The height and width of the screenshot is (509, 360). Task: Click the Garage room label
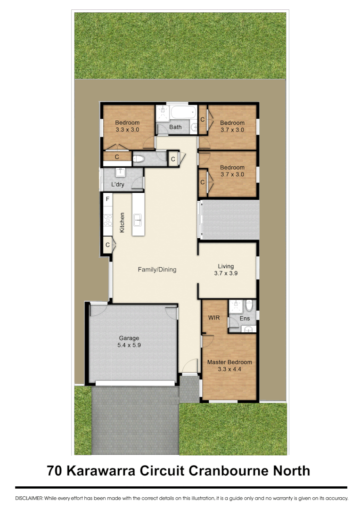(x=129, y=338)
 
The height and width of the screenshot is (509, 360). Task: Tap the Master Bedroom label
(x=229, y=362)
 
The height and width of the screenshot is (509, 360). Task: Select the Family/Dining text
(x=157, y=270)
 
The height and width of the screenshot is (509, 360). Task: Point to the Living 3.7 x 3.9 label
(x=226, y=270)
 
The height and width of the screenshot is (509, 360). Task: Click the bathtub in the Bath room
(x=183, y=113)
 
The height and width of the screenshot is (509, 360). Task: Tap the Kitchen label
(x=122, y=222)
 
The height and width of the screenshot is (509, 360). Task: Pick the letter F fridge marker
(x=107, y=199)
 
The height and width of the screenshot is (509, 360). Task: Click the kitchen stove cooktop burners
(x=107, y=220)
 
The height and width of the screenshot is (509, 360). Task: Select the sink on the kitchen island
(x=138, y=219)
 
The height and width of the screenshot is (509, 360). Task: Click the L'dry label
(x=118, y=184)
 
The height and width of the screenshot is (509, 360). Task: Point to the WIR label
(x=214, y=318)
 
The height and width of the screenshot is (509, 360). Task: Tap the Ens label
(x=245, y=319)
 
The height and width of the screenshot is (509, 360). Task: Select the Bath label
(x=175, y=127)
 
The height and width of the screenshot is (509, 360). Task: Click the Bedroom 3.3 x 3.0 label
(x=127, y=126)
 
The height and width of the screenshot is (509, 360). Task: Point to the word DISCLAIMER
(x=29, y=498)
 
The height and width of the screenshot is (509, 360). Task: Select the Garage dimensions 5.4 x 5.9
(x=129, y=345)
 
